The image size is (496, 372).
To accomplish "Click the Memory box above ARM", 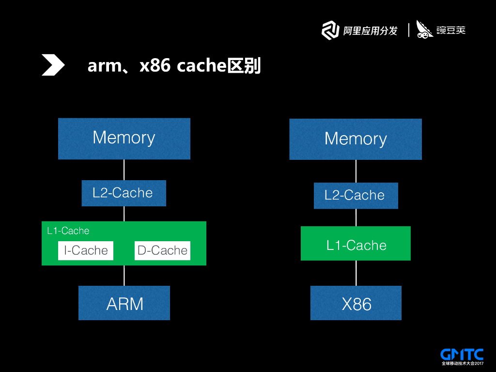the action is (x=124, y=139).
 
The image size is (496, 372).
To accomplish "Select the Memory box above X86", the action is (x=356, y=139).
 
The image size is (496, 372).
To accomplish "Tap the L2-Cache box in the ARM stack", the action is (x=124, y=193).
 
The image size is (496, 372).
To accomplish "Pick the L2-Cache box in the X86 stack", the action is (x=356, y=196).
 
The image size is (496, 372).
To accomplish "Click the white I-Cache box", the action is (x=86, y=250).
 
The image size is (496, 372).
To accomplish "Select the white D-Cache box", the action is (x=163, y=250).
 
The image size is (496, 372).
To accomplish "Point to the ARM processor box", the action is (x=124, y=303).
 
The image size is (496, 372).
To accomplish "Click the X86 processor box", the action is (x=356, y=303).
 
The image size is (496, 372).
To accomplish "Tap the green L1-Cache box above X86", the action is (x=356, y=243).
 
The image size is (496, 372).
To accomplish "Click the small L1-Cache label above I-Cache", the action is (x=68, y=231).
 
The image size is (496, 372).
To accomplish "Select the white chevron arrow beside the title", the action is (x=53, y=65).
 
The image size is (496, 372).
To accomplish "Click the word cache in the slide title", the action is (x=201, y=66).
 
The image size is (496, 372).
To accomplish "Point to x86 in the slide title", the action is (x=155, y=66).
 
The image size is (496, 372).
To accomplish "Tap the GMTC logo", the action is (x=462, y=357).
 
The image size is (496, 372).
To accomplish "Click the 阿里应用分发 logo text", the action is (x=370, y=31).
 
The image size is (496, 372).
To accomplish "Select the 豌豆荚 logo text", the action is (x=451, y=31).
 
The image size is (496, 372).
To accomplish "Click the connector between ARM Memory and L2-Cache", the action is (x=124, y=170).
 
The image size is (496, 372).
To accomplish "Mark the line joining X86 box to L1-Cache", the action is (x=356, y=273).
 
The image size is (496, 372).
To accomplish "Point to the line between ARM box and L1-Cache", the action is (x=124, y=276).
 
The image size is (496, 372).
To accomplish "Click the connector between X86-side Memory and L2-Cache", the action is (x=356, y=171).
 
